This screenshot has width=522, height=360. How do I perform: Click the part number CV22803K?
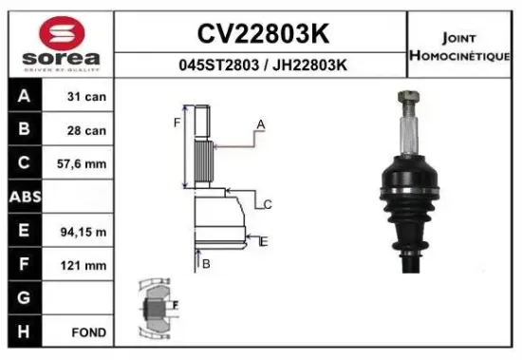pyautogui.click(x=263, y=34)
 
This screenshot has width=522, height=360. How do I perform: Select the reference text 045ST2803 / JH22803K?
pyautogui.click(x=263, y=65)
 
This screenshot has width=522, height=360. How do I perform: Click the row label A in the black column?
pyautogui.click(x=24, y=97)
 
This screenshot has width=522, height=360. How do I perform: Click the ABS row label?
pyautogui.click(x=24, y=198)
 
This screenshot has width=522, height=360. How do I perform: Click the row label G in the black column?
pyautogui.click(x=24, y=298)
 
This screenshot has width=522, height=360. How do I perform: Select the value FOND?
pyautogui.click(x=87, y=332)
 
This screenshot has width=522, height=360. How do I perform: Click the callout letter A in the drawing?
pyautogui.click(x=260, y=125)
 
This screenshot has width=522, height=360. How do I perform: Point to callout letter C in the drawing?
pyautogui.click(x=268, y=204)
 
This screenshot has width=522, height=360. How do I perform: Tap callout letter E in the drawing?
pyautogui.click(x=264, y=242)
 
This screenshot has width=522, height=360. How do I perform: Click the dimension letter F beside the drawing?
pyautogui.click(x=176, y=122)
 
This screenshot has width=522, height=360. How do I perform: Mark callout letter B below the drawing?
pyautogui.click(x=205, y=263)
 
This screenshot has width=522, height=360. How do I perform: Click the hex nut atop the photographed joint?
pyautogui.click(x=407, y=97)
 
